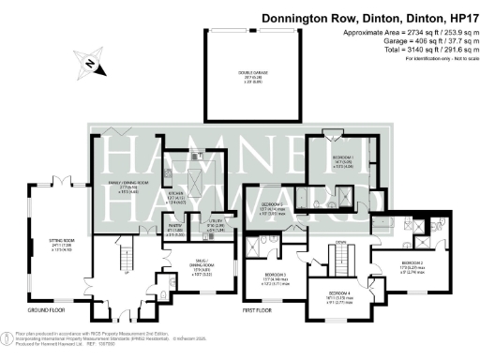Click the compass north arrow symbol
pyautogui.click(x=89, y=64)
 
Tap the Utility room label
pyautogui.click(x=214, y=224)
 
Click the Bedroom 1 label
pyautogui.click(x=343, y=161)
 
